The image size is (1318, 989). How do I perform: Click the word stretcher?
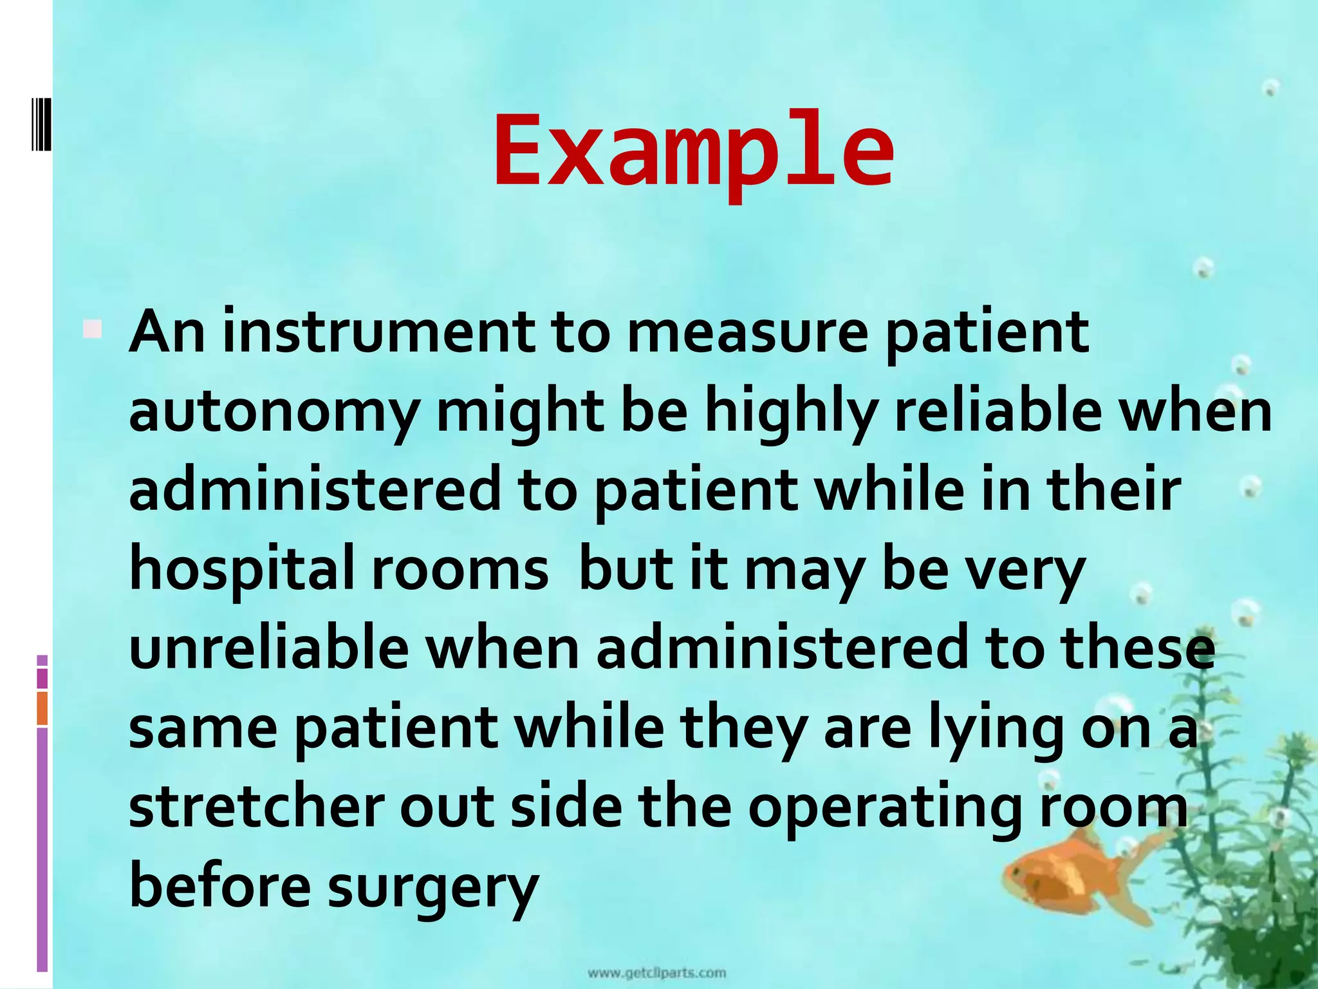coord(257,807)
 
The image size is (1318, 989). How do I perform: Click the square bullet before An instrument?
coord(92,330)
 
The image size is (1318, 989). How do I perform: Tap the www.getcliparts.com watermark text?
coord(656,973)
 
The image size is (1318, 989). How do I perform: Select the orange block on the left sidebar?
coord(42,708)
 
